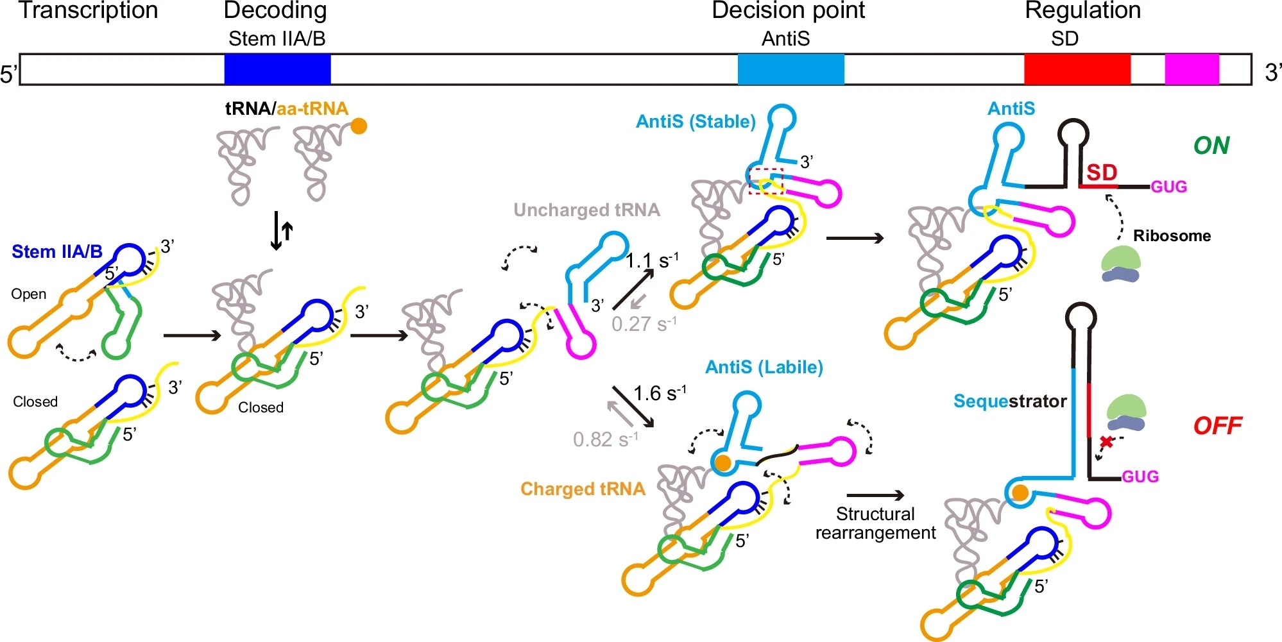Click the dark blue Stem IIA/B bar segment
277,69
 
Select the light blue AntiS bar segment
791,69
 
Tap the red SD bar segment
1077,69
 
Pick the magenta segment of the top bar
1192,69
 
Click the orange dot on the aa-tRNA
359,126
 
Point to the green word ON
1211,146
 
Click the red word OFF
1217,425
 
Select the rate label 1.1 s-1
651,260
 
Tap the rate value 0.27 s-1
643,324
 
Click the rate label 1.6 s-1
659,393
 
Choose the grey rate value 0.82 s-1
605,439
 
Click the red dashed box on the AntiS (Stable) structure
766,181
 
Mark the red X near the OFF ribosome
1106,442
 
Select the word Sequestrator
1009,401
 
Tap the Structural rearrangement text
875,523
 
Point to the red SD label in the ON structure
1102,172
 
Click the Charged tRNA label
583,489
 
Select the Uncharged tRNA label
586,210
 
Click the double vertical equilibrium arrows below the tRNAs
282,230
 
